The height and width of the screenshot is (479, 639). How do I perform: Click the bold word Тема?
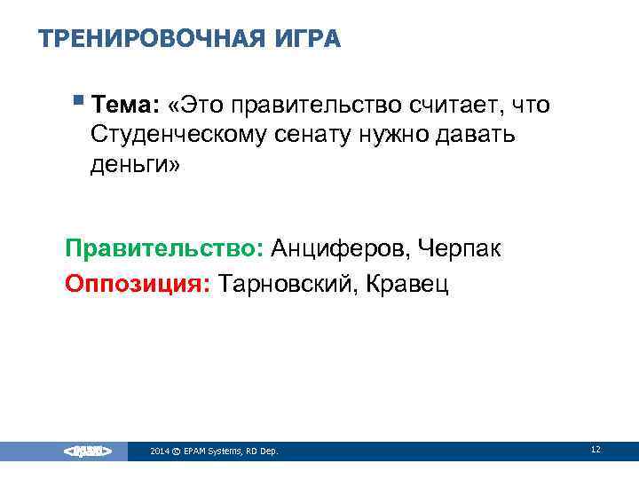125,106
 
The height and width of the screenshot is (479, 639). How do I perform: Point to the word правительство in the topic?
315,106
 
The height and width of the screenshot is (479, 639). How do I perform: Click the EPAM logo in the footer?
87,452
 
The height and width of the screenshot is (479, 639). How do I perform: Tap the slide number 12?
596,450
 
